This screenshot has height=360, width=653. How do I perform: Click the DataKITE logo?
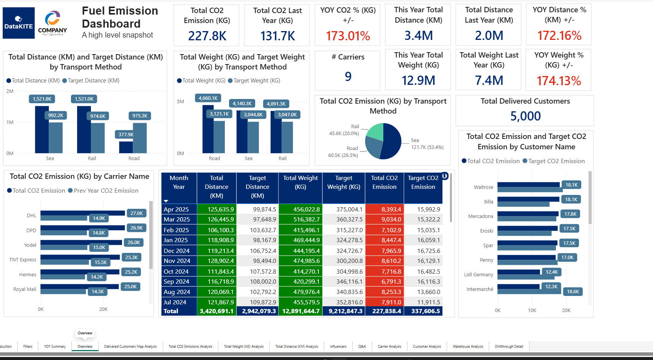[19, 23]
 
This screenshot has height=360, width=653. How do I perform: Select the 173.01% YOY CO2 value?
[348, 36]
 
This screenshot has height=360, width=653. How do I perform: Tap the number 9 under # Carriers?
[348, 77]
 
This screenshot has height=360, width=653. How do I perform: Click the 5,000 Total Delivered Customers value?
[525, 116]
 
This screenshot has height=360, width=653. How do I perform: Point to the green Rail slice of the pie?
[376, 131]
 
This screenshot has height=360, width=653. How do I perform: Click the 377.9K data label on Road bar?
[126, 134]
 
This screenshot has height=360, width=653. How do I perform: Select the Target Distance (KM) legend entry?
[91, 81]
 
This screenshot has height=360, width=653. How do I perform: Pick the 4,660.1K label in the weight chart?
[208, 98]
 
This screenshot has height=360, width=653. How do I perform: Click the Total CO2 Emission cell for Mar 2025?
[384, 219]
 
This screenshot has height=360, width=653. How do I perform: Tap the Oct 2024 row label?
[176, 271]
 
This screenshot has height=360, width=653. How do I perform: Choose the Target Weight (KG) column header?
[344, 182]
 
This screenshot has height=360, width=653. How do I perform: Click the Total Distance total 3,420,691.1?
[217, 311]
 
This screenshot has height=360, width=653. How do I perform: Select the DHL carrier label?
[31, 216]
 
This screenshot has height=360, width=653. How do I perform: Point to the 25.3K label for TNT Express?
[132, 258]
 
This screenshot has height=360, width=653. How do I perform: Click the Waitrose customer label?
[483, 187]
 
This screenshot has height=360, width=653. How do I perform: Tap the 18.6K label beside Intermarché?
[573, 292]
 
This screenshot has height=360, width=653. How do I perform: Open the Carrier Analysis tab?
[389, 347]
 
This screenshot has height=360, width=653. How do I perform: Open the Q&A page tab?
[362, 347]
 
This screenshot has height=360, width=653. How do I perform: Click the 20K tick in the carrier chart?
[103, 309]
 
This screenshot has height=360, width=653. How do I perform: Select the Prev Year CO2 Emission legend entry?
[103, 191]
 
